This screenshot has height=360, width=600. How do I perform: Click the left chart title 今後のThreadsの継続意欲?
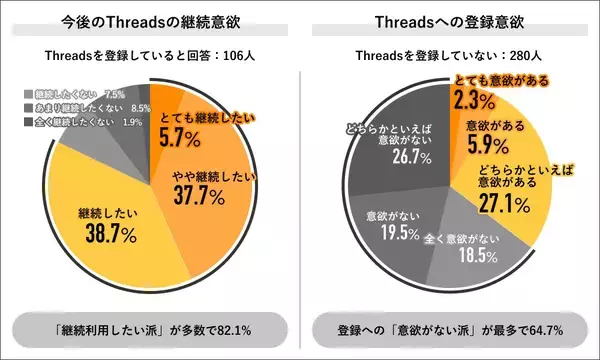coord(150,23)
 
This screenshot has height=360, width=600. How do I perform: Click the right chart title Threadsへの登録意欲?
coord(450,23)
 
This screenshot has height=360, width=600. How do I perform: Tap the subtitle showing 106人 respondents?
coord(150,56)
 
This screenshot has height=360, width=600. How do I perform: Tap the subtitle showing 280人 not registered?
coord(450,56)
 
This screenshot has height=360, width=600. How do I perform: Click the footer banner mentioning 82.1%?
coord(150,327)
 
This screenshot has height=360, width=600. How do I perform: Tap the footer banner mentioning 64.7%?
coord(450,327)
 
